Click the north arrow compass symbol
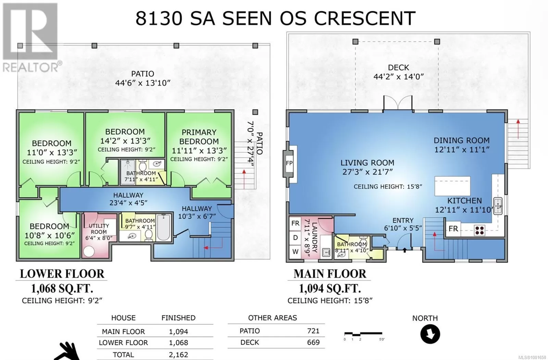click(x=430, y=334)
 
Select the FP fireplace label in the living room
click(x=289, y=163)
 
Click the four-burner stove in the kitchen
click(x=480, y=231)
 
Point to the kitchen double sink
click(x=498, y=206)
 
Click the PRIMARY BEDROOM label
click(x=199, y=137)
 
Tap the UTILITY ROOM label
click(x=99, y=229)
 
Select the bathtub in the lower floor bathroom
click(x=163, y=227)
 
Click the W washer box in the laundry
click(x=295, y=251)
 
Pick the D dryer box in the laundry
click(x=295, y=237)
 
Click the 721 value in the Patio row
click(x=313, y=331)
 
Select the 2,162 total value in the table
click(x=178, y=355)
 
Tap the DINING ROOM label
click(x=462, y=140)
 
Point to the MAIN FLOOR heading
click(x=330, y=274)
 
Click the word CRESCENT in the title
click(x=365, y=18)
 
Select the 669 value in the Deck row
click(x=313, y=343)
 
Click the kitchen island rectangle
click(x=452, y=186)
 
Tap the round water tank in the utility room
click(x=89, y=251)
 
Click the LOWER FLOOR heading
click(x=62, y=274)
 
